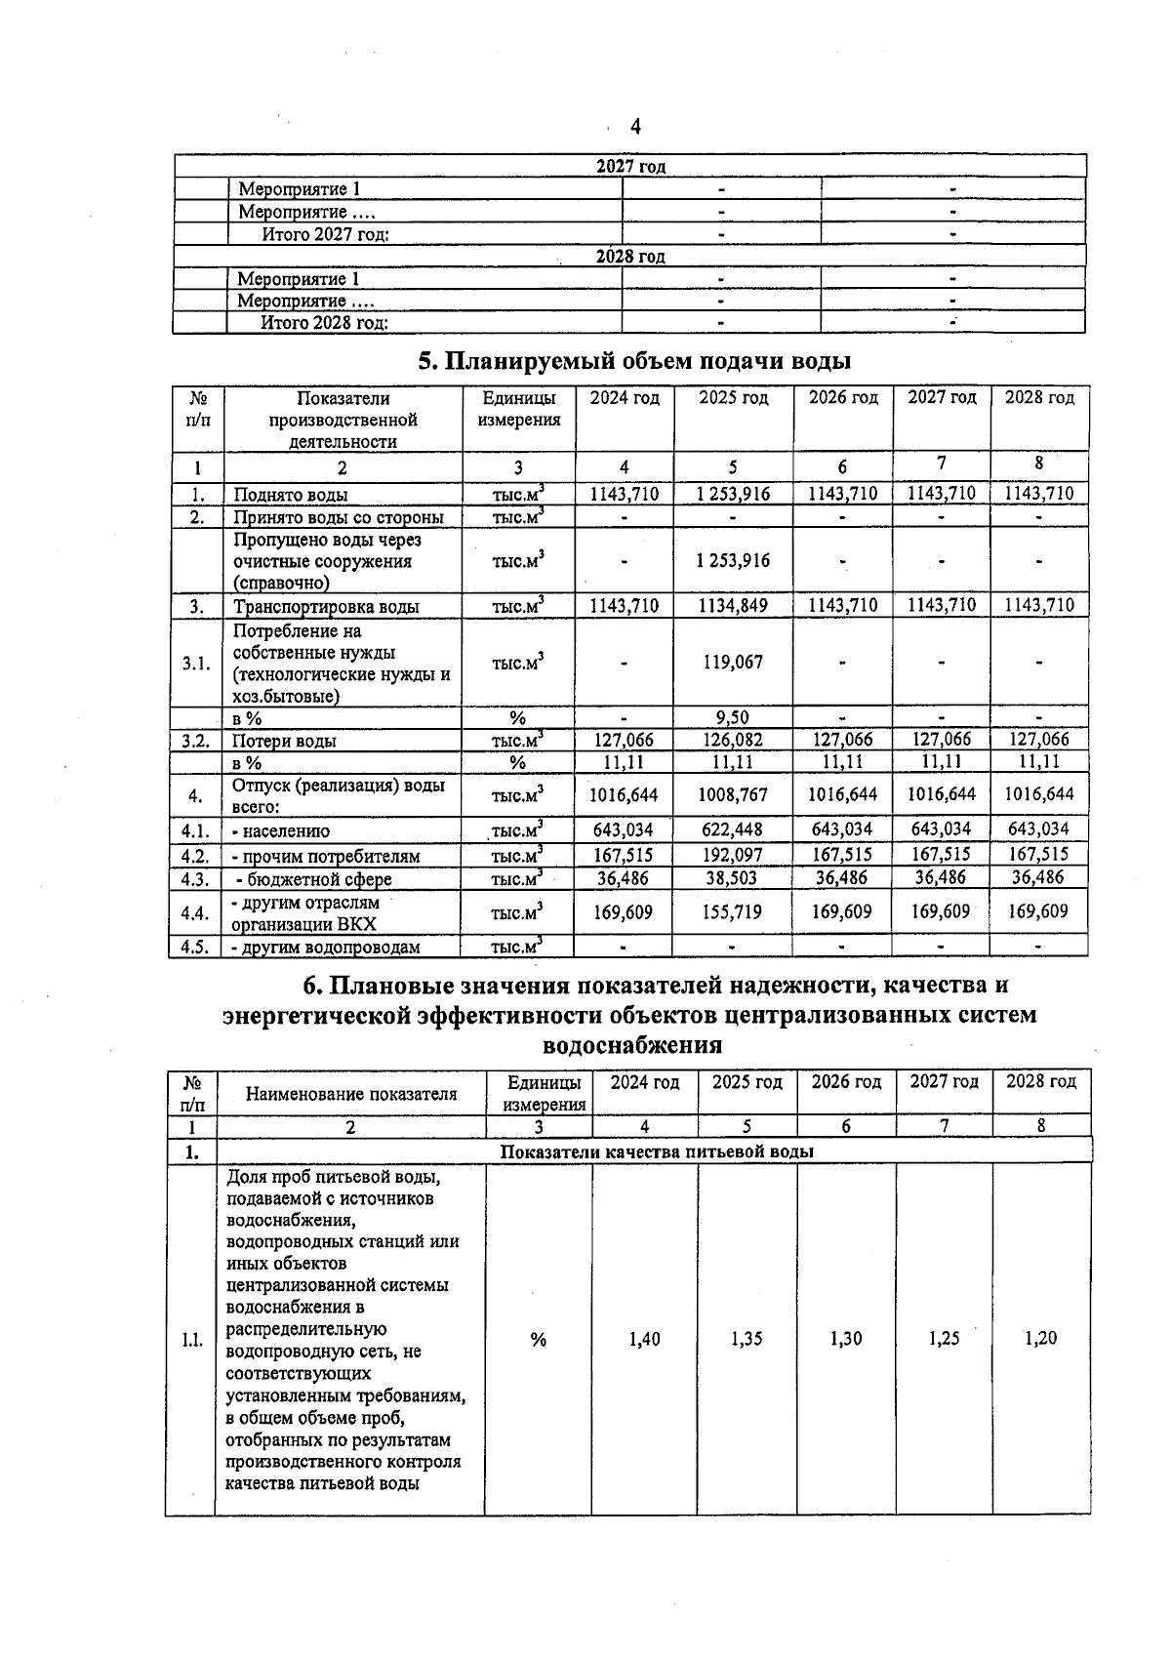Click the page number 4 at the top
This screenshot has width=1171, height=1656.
coord(635,127)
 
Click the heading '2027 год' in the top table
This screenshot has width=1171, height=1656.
coord(630,166)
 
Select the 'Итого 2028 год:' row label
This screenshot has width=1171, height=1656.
coord(324,323)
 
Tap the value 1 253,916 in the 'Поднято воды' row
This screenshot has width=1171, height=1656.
coord(733,494)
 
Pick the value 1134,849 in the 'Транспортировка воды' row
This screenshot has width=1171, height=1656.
coord(733,606)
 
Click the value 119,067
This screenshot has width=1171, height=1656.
coord(733,662)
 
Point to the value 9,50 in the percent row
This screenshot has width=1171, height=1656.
coord(733,718)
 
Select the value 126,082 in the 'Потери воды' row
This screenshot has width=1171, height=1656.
coord(733,740)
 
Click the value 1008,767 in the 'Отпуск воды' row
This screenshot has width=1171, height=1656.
coord(733,794)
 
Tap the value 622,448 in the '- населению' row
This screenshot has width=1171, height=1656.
coord(733,830)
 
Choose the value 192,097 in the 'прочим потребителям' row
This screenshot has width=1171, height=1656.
coord(733,855)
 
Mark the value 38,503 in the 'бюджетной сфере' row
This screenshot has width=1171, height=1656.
coord(733,878)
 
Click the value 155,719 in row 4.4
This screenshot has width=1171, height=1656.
coord(733,912)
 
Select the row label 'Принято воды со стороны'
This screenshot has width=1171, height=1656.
coord(339,517)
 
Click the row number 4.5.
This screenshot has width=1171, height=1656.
coord(195,947)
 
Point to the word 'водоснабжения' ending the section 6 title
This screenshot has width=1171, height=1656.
coord(631,1045)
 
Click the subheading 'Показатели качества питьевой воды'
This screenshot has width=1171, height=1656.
coord(657,1151)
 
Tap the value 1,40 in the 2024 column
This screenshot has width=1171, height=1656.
coord(644,1339)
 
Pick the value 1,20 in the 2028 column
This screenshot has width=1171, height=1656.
coord(1040,1339)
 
